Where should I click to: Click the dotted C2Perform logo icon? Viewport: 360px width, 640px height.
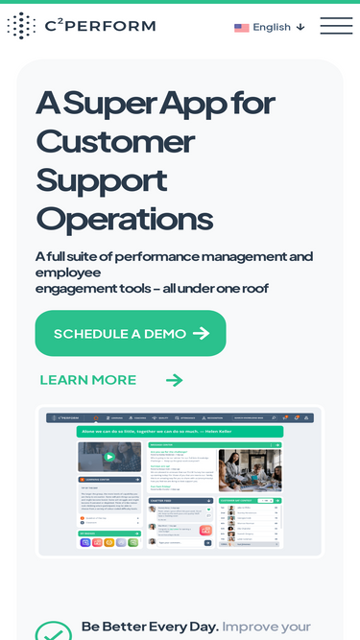(21, 26)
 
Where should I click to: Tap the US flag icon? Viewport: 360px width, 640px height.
(242, 28)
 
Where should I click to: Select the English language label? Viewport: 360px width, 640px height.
(272, 27)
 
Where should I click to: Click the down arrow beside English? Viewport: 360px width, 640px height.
(300, 27)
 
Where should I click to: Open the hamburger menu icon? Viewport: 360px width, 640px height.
(336, 26)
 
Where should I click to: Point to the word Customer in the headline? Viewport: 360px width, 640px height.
(115, 141)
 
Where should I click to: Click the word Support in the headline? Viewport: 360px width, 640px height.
(102, 180)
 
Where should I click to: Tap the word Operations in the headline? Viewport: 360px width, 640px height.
(124, 219)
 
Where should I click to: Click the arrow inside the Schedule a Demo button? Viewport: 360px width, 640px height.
(201, 334)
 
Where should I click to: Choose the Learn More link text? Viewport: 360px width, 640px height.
(88, 380)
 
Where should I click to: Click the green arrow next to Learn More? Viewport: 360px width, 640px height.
(174, 380)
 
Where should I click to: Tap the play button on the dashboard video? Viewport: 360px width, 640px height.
(109, 457)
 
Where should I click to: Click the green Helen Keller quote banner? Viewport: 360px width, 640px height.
(180, 432)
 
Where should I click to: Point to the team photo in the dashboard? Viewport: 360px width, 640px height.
(250, 469)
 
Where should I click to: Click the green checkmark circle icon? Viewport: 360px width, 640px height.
(53, 632)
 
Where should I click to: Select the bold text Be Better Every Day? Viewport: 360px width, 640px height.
(150, 627)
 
